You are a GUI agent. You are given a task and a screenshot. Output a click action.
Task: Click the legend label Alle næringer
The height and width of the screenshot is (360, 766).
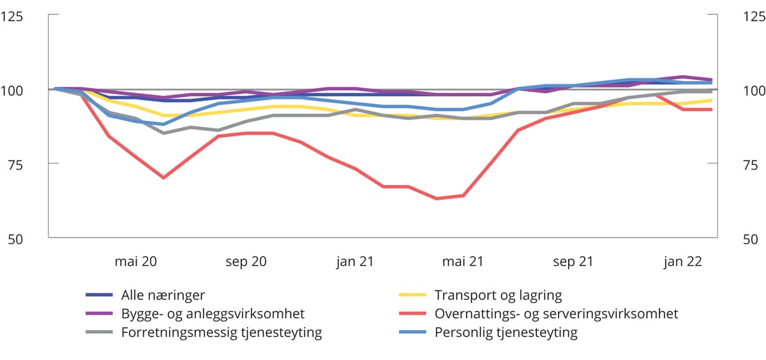(163, 295)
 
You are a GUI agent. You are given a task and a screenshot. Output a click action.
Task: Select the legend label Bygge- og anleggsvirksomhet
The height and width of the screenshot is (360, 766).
(213, 313)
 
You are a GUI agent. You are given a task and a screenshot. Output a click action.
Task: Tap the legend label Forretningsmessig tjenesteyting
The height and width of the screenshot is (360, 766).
(222, 332)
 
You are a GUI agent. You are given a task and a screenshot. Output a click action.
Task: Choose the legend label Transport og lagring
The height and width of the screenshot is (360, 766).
(498, 295)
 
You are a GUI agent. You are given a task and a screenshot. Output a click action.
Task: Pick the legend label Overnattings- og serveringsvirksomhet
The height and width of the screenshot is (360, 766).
(556, 313)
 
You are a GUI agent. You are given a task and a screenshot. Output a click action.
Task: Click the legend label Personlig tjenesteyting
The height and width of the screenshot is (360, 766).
(506, 332)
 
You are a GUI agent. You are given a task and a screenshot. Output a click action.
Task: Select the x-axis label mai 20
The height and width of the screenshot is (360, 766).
(136, 262)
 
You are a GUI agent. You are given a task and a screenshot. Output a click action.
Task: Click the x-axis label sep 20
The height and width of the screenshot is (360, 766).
(245, 262)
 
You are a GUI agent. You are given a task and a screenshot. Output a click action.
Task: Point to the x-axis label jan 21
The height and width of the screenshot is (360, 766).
(354, 262)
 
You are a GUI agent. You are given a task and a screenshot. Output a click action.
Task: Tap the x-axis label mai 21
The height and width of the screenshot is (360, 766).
(463, 262)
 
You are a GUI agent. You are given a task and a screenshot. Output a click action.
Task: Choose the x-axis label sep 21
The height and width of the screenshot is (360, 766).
(573, 262)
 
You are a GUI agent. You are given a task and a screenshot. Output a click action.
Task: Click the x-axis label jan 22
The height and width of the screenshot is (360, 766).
(682, 262)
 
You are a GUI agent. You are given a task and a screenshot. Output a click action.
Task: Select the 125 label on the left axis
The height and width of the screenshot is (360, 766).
(12, 16)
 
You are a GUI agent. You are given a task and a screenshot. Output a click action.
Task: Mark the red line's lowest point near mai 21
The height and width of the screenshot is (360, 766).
(437, 199)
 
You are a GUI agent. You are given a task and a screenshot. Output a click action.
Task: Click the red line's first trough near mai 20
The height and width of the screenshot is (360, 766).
(163, 177)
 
